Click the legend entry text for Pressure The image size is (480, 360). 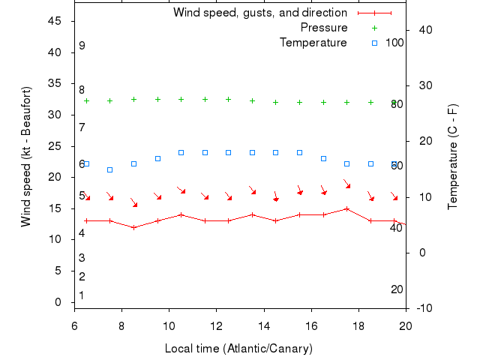pyautogui.click(x=324, y=28)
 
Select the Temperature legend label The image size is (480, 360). pyautogui.click(x=313, y=43)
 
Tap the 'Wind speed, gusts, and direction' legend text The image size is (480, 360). pyautogui.click(x=260, y=13)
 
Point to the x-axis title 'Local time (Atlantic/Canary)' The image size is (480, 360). pyautogui.click(x=238, y=349)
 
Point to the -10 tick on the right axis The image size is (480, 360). pyautogui.click(x=422, y=308)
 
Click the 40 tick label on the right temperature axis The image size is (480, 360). pyautogui.click(x=425, y=29)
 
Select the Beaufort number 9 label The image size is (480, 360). pyautogui.click(x=82, y=46)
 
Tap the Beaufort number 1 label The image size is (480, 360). pyautogui.click(x=82, y=295)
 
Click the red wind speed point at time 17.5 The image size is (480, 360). pyautogui.click(x=347, y=208)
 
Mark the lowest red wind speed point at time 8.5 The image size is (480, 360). pyautogui.click(x=134, y=227)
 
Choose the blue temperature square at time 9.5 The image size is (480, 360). pyautogui.click(x=157, y=158)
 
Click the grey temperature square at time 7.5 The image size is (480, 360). pyautogui.click(x=110, y=169)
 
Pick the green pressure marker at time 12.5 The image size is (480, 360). pyautogui.click(x=229, y=99)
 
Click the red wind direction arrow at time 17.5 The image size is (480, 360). pyautogui.click(x=347, y=184)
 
